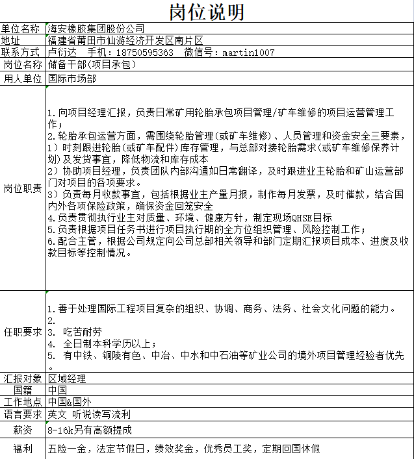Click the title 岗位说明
(207, 11)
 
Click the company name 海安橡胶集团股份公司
(96, 29)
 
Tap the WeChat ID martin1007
(248, 53)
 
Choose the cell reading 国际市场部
(72, 79)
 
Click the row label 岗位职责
(23, 188)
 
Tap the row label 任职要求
(23, 332)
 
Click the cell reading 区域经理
(67, 378)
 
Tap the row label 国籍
(23, 390)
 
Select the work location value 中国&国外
(70, 402)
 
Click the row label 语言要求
(23, 414)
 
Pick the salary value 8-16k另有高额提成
(90, 430)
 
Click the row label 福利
(23, 448)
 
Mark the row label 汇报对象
(23, 378)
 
